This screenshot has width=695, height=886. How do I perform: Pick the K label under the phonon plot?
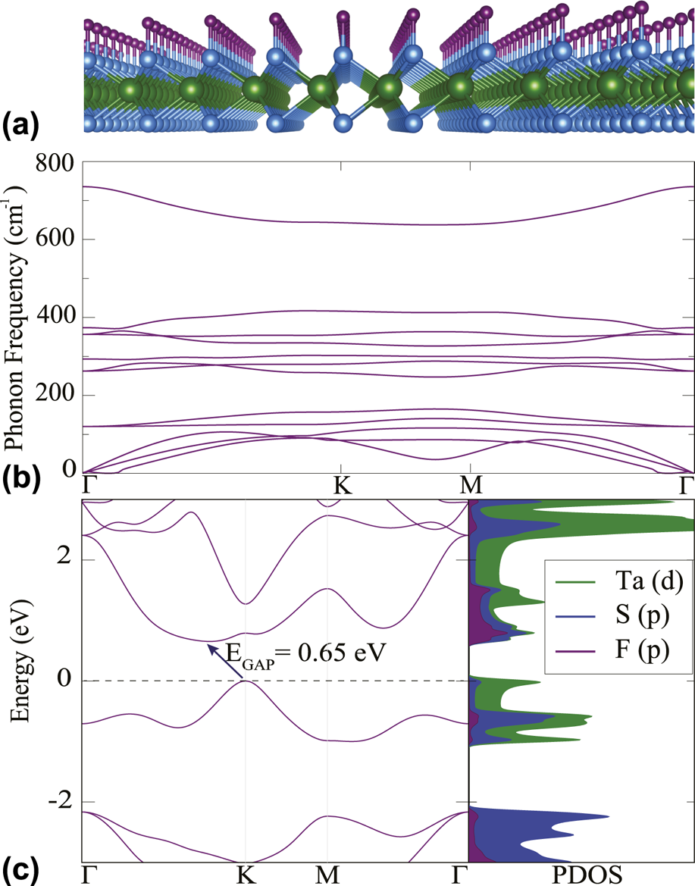pyautogui.click(x=343, y=486)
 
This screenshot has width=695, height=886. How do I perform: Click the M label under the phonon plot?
pyautogui.click(x=470, y=486)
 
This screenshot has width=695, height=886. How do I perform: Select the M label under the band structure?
pyautogui.click(x=327, y=875)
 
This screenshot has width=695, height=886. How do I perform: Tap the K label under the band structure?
pyautogui.click(x=245, y=875)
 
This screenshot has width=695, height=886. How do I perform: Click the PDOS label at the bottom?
pyautogui.click(x=581, y=875)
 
